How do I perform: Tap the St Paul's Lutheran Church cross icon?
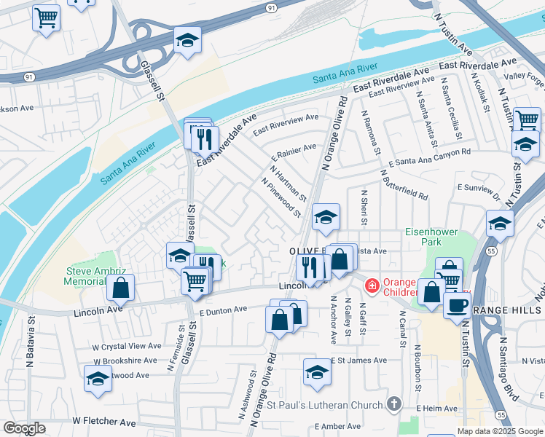[394, 404]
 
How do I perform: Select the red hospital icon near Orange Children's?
[372, 285]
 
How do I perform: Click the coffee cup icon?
[457, 304]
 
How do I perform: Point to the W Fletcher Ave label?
[103, 422]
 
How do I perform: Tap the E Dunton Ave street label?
[224, 311]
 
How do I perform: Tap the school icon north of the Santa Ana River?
[187, 41]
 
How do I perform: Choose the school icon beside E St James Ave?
[317, 372]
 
